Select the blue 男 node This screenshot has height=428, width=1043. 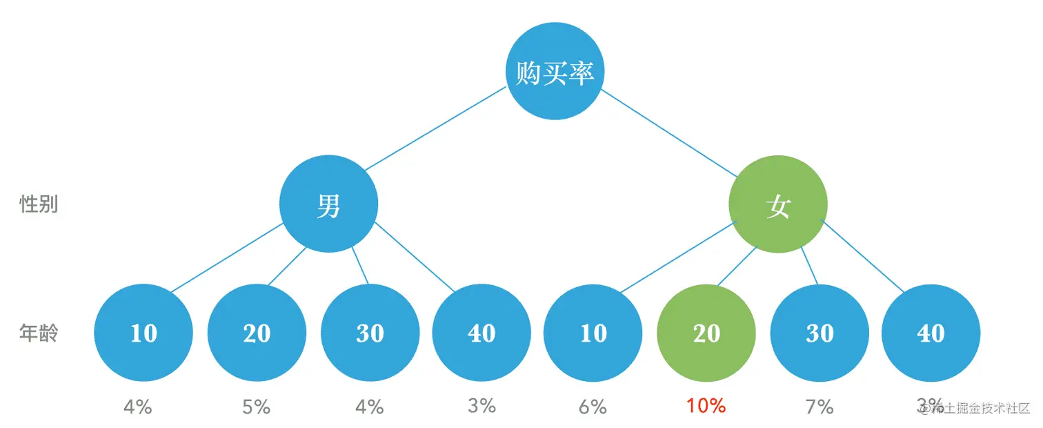tap(328, 204)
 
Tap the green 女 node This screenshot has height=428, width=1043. tap(778, 204)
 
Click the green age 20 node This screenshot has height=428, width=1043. tap(706, 333)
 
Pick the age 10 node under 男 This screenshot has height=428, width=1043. tap(143, 333)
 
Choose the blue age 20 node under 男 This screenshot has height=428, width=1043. tap(257, 333)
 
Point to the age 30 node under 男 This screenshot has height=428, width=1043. tap(370, 333)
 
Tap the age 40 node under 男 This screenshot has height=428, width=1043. tap(481, 333)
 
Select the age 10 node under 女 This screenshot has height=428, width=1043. tap(593, 333)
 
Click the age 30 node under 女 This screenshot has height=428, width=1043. tap(819, 333)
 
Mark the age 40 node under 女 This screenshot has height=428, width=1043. tap(931, 333)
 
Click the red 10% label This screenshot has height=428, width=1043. tap(706, 406)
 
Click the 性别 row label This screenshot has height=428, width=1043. tap(39, 204)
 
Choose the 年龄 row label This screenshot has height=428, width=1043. tap(39, 333)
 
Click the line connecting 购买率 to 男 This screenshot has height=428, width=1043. tap(436, 128)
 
